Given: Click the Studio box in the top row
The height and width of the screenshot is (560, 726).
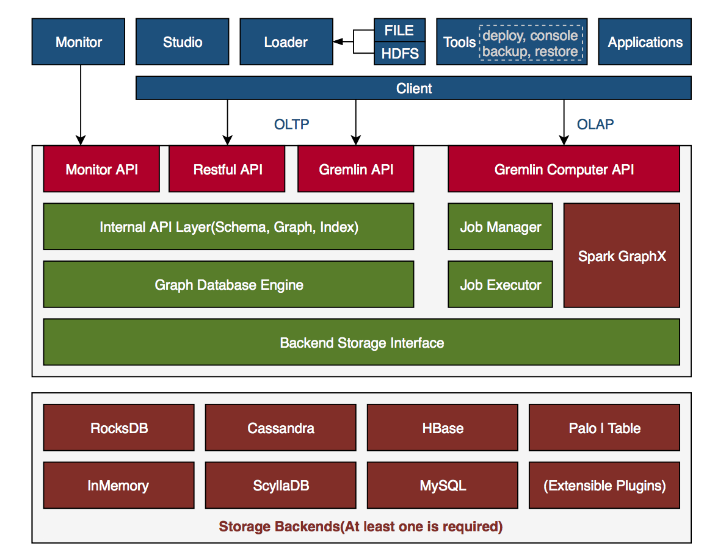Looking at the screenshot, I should [182, 42].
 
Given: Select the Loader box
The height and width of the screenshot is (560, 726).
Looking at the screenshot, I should [286, 42].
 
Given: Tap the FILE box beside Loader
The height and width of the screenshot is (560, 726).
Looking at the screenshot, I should [399, 31].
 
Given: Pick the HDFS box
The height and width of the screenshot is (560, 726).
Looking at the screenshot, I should [399, 54].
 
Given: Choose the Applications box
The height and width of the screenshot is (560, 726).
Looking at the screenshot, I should [645, 42].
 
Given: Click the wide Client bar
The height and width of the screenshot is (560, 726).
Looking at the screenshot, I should [413, 88].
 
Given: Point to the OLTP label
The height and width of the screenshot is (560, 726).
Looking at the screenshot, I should [292, 124].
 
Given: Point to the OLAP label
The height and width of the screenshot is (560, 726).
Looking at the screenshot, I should [595, 124].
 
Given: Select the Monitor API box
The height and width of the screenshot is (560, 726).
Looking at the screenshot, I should [101, 169].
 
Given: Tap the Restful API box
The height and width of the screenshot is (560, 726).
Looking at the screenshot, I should [227, 169].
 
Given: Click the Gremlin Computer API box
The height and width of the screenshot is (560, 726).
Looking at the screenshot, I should [564, 169].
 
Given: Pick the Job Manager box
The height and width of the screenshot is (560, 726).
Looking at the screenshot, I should [500, 227].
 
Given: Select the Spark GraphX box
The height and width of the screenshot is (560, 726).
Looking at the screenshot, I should [622, 256].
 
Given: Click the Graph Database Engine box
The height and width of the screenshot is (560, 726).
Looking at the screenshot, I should [228, 284].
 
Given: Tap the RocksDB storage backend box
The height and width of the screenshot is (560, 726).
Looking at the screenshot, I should [119, 428].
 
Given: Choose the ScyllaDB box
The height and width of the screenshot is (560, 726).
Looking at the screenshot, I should [281, 486].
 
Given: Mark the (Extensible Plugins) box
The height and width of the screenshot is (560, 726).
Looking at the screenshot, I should [604, 486].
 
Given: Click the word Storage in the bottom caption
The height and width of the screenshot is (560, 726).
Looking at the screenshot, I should [243, 526].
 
